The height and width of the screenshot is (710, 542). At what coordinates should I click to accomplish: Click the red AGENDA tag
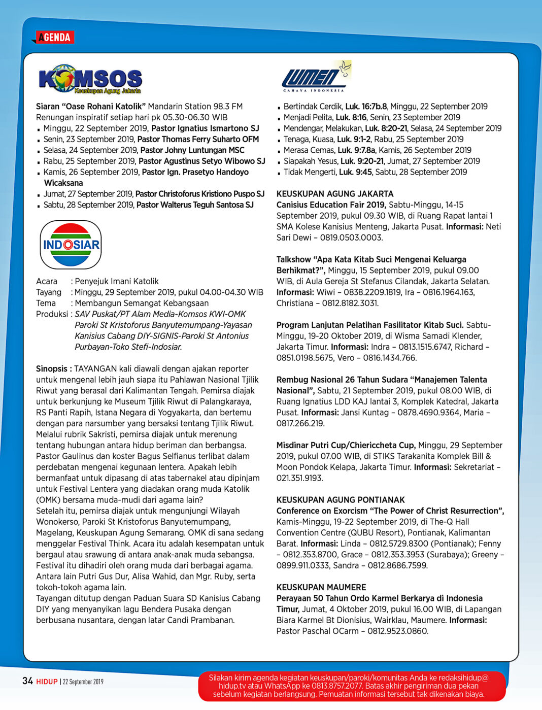(x=55, y=37)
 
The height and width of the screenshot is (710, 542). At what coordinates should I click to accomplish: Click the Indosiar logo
(x=71, y=245)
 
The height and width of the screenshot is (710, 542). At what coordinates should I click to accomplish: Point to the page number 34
(x=27, y=681)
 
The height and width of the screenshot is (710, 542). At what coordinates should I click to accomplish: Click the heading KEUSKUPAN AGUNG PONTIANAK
(x=341, y=500)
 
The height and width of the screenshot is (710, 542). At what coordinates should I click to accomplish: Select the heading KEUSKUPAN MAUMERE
(x=321, y=587)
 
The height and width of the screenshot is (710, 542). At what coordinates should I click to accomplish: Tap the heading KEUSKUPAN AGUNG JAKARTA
(x=335, y=194)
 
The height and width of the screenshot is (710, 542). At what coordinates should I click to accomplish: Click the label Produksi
(x=52, y=314)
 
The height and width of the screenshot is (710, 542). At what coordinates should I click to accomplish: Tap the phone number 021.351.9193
(x=299, y=478)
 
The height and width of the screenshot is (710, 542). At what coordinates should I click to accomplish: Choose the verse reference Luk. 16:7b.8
(x=366, y=107)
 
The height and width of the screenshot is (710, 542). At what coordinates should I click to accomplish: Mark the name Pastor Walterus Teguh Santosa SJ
(x=195, y=205)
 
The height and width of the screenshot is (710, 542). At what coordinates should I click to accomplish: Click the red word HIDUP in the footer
(x=47, y=682)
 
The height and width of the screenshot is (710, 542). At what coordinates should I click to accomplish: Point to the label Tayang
(x=49, y=292)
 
